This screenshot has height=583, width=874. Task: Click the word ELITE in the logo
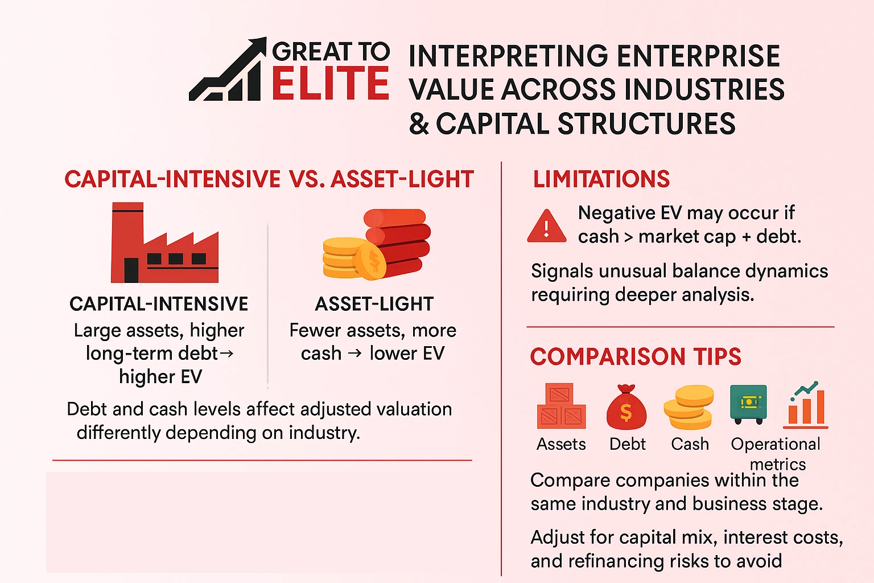[330, 83]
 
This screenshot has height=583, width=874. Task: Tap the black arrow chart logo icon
[229, 71]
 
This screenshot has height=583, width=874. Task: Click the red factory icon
[164, 244]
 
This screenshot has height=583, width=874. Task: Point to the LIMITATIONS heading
[601, 179]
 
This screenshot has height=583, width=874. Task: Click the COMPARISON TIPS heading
[636, 357]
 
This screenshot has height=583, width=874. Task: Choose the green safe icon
[748, 404]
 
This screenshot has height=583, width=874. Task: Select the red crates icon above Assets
[560, 407]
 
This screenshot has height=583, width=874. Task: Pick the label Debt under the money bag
[627, 444]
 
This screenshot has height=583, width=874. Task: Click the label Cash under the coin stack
[690, 444]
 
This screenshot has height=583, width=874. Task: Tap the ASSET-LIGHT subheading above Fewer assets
[374, 304]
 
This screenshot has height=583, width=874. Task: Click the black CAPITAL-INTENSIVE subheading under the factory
[159, 304]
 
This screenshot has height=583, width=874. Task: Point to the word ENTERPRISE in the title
[699, 56]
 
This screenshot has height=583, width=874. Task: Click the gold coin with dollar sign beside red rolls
[370, 261]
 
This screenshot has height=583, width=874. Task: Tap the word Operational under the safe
[776, 444]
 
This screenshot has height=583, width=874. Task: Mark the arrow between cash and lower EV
[355, 354]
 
